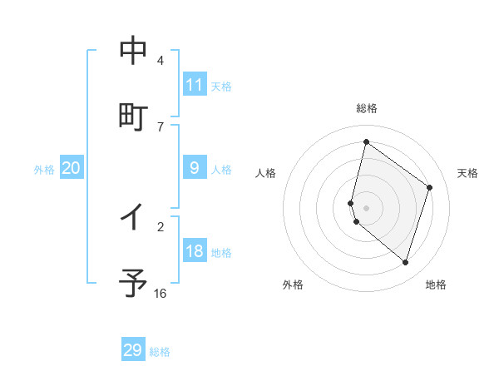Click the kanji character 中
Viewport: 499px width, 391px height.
tap(133, 51)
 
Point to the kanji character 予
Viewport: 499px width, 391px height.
tap(133, 283)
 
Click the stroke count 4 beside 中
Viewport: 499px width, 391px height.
tap(161, 61)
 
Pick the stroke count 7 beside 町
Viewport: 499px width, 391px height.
tap(161, 126)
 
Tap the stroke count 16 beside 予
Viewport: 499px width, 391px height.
tap(161, 293)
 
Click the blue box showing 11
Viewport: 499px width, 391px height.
tap(195, 85)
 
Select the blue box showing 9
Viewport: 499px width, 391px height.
tap(195, 168)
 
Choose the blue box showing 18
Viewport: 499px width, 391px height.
tap(195, 251)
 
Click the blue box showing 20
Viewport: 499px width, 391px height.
tap(72, 168)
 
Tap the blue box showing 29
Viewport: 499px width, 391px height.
tap(133, 350)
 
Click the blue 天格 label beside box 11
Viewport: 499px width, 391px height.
tap(221, 86)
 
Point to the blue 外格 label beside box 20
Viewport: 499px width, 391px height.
tap(44, 169)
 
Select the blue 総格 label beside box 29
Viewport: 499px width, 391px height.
tap(160, 351)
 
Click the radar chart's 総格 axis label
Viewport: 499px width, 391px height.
tap(366, 108)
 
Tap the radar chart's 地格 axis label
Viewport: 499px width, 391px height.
tap(436, 285)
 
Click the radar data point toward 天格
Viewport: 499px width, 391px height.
tap(430, 187)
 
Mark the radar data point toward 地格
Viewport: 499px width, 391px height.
tap(405, 262)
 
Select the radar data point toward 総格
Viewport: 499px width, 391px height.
tap(366, 142)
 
